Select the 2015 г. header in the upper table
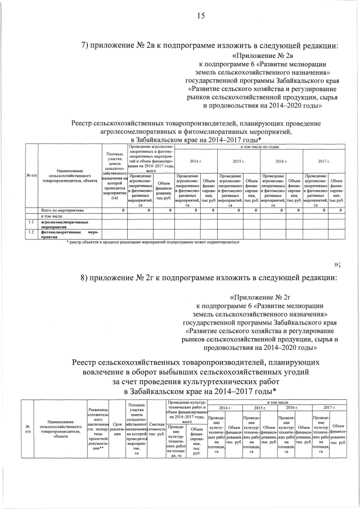(x=238, y=161)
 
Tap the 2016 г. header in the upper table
(x=281, y=161)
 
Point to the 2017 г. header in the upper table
(x=323, y=161)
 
